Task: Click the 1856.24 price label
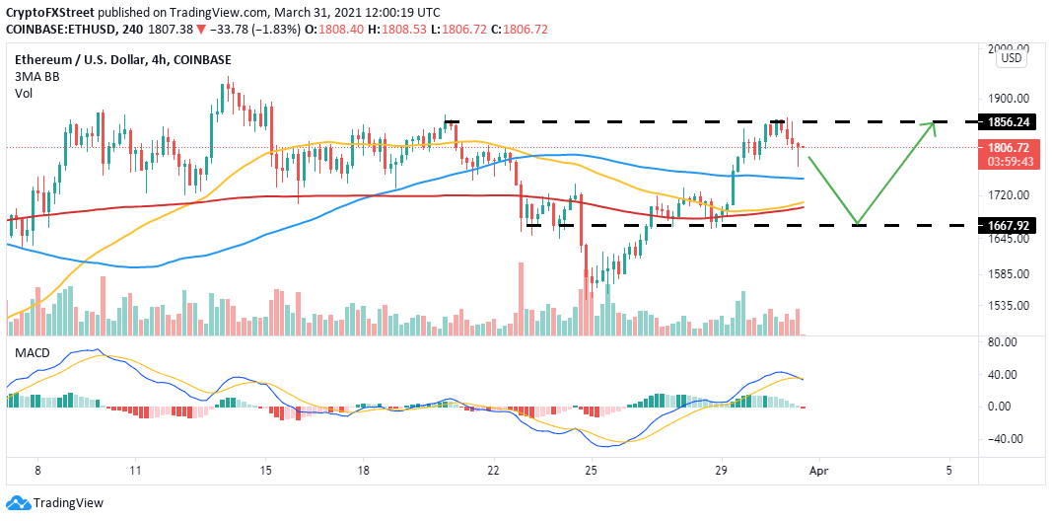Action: coord(1010,123)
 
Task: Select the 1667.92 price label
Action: coord(1010,225)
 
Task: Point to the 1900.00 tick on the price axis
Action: coord(1009,99)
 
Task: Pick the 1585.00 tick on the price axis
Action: coord(1009,274)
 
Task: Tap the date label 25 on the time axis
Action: coord(591,471)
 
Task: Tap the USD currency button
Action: coord(1012,58)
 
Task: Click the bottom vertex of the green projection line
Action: coord(858,224)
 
